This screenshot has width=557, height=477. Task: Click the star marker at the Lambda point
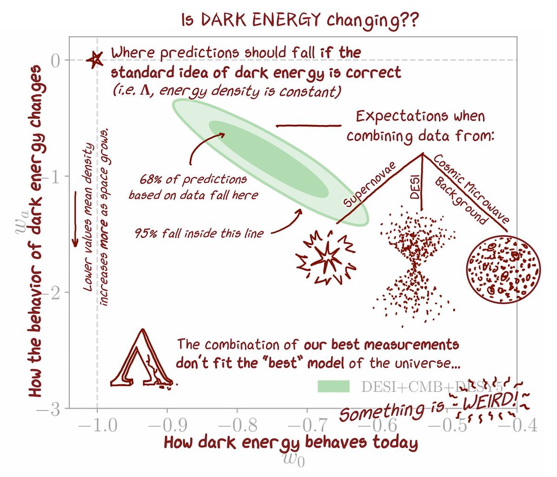coord(95,59)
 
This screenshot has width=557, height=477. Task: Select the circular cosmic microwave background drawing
coord(503,269)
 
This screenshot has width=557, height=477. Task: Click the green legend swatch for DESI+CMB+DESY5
coord(333,386)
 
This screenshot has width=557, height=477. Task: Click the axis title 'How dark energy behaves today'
coord(291,442)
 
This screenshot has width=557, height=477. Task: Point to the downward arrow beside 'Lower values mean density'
coord(75,219)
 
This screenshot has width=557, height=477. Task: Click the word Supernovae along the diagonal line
coord(370,185)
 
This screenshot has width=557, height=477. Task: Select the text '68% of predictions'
coord(193,179)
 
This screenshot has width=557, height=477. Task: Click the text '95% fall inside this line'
coord(199,233)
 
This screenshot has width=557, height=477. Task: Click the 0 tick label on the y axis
coord(55,60)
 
